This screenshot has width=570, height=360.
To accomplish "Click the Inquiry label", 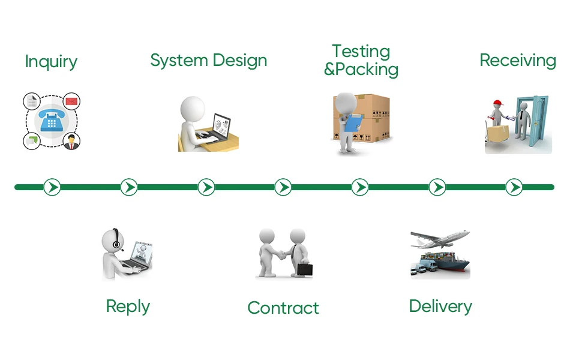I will [51, 62].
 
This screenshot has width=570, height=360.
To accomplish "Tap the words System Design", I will [208, 61].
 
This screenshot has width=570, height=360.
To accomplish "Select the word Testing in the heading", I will [361, 52].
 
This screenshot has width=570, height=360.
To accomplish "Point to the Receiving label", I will [518, 60].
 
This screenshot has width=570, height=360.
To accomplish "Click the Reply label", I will [128, 306].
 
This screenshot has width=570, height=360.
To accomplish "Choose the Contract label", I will [283, 308].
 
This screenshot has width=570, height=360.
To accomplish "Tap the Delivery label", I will [440, 306].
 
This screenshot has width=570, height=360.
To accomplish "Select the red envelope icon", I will [71, 101].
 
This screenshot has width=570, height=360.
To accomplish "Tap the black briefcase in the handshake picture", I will [305, 269].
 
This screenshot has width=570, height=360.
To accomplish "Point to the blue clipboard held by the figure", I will [351, 122].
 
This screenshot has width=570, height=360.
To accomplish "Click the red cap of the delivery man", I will [497, 103].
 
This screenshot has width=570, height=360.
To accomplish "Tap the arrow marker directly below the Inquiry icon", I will [52, 187].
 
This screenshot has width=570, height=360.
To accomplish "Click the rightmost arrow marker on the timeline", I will [514, 187].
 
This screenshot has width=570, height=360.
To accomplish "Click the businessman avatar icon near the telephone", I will [71, 142].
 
